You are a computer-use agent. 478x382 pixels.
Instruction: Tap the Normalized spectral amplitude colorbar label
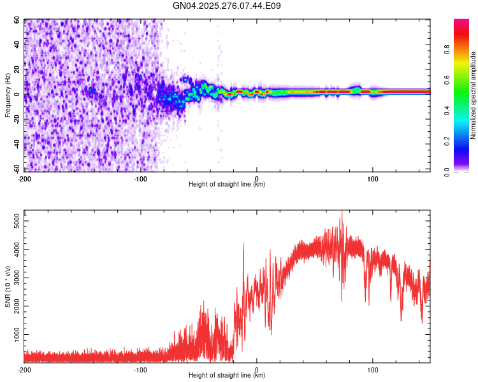[x=474, y=95]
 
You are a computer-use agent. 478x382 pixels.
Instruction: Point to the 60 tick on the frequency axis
[x=18, y=20]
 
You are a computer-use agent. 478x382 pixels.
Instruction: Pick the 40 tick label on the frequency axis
[x=18, y=45]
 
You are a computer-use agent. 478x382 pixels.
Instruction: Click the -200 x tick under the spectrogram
[x=24, y=178]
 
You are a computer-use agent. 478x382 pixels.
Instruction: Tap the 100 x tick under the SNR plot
[x=372, y=369]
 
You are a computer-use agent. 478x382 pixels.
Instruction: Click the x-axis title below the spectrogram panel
[x=227, y=185]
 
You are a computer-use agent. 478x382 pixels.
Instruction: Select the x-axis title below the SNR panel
[x=227, y=376]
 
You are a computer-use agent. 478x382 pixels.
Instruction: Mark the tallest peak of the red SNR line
[x=342, y=211]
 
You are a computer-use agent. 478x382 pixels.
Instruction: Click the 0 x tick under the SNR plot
[x=257, y=369]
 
